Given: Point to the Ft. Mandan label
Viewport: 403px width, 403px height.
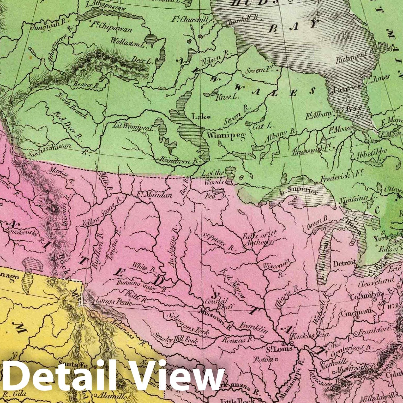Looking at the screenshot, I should coord(154,195).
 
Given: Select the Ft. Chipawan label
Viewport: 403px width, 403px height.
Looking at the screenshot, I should coord(111,27).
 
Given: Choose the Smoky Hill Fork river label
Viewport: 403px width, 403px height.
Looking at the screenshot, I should coord(176,338).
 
